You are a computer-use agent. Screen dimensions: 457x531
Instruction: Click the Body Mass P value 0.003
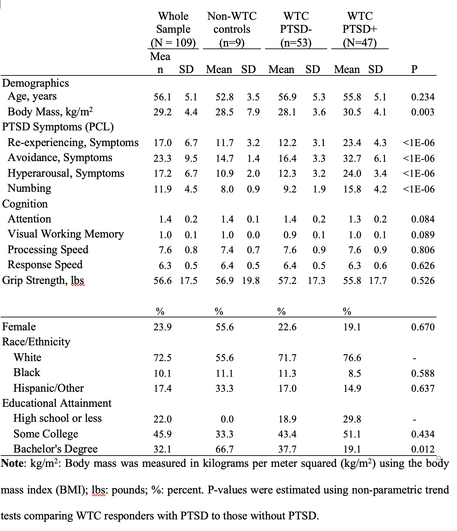(423, 112)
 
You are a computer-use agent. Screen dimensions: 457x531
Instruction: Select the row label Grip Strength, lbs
(43, 280)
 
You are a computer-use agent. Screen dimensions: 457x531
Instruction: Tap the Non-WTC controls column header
(232, 29)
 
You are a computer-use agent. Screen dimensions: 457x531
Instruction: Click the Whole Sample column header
(173, 29)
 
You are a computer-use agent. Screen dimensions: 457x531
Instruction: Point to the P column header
(414, 69)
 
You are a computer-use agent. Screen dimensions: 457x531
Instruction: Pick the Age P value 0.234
(423, 97)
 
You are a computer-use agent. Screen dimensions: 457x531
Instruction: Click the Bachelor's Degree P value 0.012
(423, 449)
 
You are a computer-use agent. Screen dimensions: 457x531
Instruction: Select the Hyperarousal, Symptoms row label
(66, 173)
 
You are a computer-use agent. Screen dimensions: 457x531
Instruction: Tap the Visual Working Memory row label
(66, 234)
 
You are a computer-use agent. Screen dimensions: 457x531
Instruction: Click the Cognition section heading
(25, 204)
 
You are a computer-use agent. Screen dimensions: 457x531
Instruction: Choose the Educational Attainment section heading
(57, 403)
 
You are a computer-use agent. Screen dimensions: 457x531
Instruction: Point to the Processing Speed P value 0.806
(423, 250)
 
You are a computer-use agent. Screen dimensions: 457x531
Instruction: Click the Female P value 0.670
(423, 327)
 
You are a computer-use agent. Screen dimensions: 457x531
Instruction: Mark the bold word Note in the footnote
(12, 464)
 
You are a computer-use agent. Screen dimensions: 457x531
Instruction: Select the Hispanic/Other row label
(49, 388)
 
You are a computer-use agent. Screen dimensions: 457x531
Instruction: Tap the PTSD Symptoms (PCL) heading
(58, 127)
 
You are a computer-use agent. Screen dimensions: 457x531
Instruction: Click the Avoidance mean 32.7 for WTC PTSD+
(352, 158)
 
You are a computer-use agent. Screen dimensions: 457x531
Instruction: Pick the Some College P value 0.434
(423, 434)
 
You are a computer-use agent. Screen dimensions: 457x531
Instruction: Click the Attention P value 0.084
(423, 219)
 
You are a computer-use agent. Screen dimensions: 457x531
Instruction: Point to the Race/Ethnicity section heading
(36, 342)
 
